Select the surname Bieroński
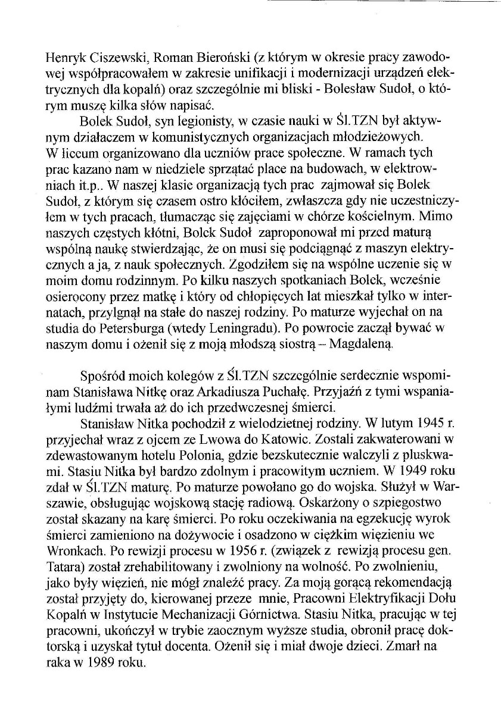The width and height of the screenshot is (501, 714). pyautogui.click(x=224, y=59)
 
